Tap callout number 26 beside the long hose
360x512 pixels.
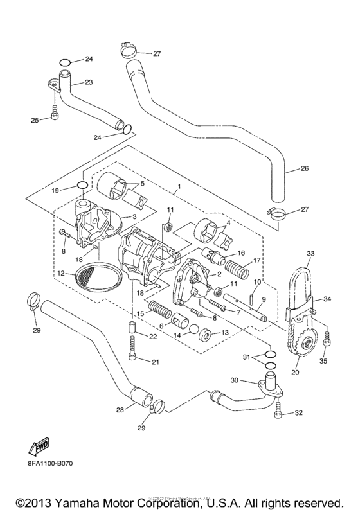click(305, 169)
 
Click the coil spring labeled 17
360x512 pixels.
click(231, 263)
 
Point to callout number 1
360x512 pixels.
click(175, 191)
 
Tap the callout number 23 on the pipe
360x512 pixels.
click(89, 82)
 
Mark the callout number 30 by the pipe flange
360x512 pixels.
click(235, 380)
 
